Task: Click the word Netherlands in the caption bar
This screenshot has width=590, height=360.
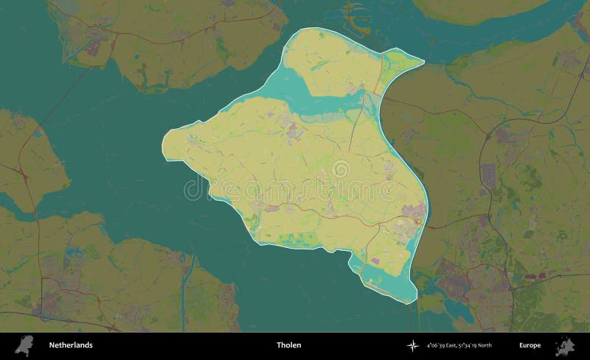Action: [x=71, y=345]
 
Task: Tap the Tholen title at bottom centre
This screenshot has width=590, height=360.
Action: [x=288, y=345]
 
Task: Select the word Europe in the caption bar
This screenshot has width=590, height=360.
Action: [x=530, y=345]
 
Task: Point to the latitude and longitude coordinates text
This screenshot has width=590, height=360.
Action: [x=459, y=345]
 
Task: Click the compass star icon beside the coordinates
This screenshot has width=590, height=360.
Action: [x=412, y=345]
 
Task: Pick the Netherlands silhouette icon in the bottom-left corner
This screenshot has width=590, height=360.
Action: [x=25, y=345]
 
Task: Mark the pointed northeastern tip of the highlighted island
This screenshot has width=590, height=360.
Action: [x=423, y=62]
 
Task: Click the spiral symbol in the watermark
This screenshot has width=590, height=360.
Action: [x=341, y=170]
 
